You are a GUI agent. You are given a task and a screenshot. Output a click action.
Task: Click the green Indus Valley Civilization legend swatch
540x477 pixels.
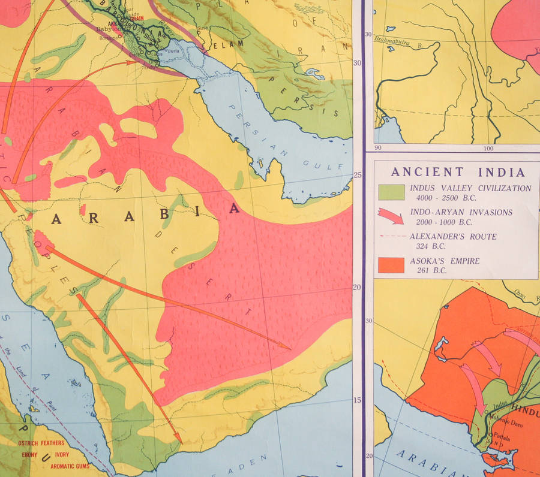point(391,192)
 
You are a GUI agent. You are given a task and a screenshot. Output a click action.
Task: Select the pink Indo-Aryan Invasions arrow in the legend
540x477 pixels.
point(391,215)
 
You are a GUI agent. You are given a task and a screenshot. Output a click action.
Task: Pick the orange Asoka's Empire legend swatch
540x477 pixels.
point(391,264)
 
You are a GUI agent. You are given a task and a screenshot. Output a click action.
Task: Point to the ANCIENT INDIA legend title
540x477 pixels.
point(458,172)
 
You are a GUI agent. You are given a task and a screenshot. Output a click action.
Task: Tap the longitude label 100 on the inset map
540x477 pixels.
point(488,148)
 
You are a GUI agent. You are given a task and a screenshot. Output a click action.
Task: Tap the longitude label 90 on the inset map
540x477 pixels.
point(378,148)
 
